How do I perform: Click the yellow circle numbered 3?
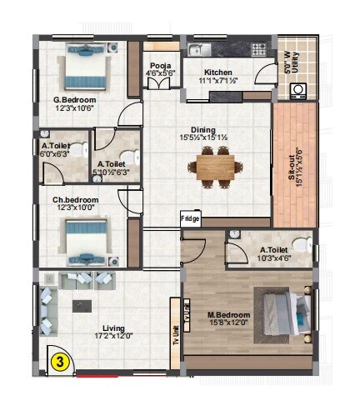[60, 362]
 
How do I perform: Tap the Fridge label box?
[191, 219]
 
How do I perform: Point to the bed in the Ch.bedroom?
[84, 244]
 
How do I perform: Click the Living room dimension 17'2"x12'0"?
[113, 336]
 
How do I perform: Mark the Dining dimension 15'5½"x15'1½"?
[202, 138]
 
